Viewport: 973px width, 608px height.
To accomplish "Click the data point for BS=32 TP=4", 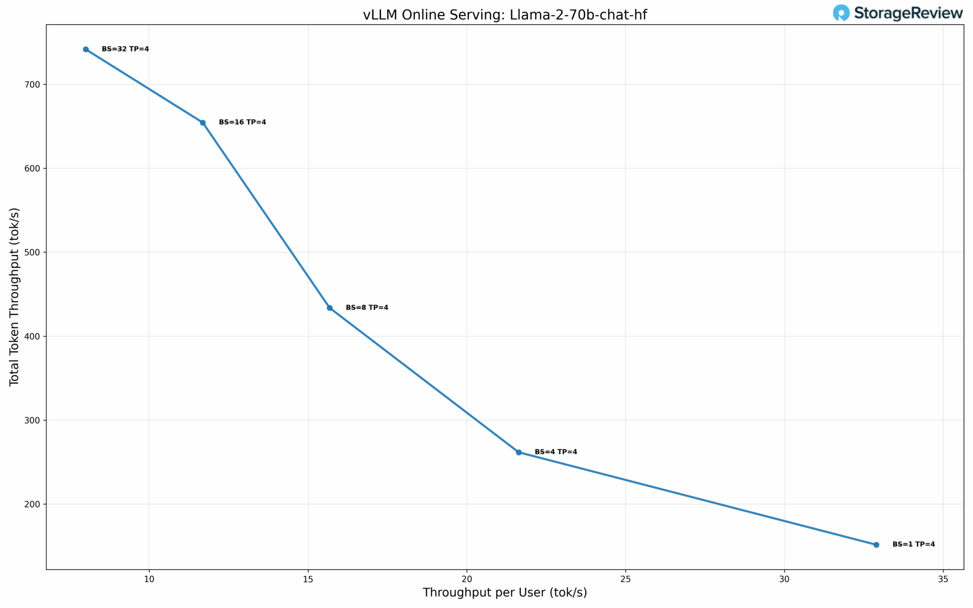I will pos(86,49).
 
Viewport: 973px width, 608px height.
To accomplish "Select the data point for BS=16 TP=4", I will pos(203,123).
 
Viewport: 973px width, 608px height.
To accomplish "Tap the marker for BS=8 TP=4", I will pos(330,308).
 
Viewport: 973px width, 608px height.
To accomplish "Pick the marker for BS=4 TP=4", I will pos(519,452).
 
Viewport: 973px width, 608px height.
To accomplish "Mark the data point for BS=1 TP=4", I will pos(877,545).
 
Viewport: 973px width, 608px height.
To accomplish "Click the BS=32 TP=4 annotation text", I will pos(125,49).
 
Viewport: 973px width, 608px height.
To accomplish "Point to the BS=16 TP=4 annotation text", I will pos(242,123).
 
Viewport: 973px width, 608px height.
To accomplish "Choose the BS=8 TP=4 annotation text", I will pos(367,308).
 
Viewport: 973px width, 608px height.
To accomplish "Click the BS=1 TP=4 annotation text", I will pos(914,544).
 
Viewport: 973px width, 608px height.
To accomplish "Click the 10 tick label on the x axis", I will pos(149,579).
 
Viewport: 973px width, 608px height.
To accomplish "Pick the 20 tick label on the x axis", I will pos(467,579).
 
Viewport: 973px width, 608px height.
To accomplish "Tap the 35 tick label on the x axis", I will pos(943,579).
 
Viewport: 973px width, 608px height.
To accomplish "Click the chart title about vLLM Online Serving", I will pos(505,15).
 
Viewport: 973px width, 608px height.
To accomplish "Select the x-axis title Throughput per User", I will pos(505,593).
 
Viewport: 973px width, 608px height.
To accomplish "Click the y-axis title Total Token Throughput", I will pos(14,297).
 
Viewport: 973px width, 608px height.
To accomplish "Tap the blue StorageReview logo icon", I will pos(841,13).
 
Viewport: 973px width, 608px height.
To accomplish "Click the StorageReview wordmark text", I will pos(908,13).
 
